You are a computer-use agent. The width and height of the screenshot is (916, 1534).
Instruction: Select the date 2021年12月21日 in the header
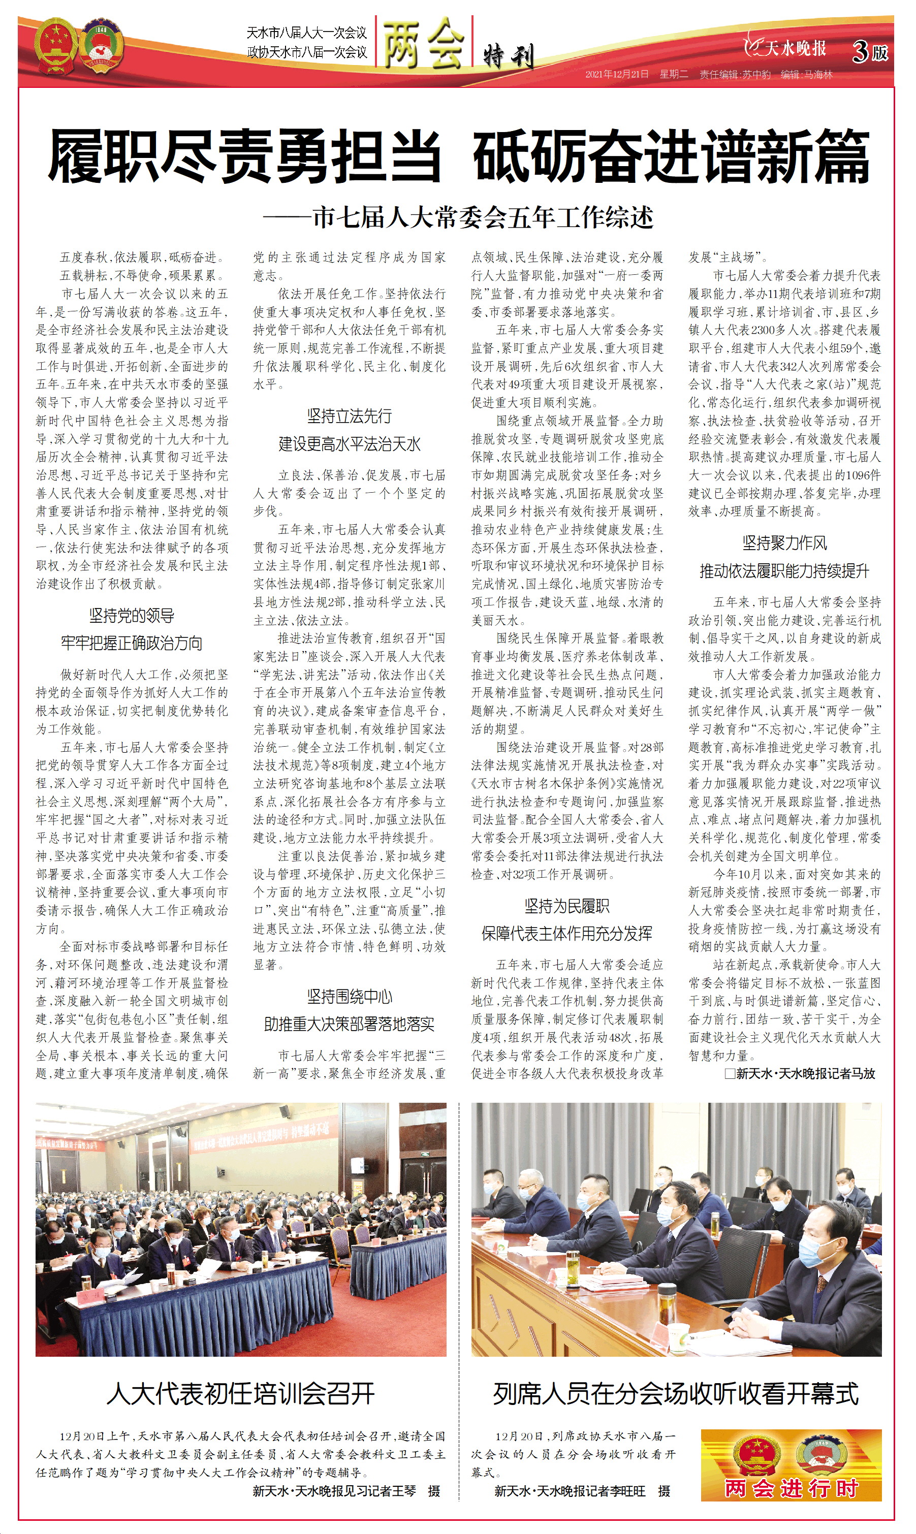point(617,75)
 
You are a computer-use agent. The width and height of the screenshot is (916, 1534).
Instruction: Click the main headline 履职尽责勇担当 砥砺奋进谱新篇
point(458,156)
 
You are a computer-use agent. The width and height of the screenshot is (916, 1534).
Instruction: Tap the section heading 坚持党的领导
point(132,615)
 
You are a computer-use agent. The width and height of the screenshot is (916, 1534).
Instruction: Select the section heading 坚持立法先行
point(350,416)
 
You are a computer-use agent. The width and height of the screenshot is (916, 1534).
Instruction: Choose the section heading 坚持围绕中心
point(350,997)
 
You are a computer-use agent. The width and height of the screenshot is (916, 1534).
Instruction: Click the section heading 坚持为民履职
point(566,906)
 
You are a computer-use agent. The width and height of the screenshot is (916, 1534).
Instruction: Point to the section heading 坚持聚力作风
point(784,543)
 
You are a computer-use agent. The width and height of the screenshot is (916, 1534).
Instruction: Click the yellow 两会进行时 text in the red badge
point(792,1488)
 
